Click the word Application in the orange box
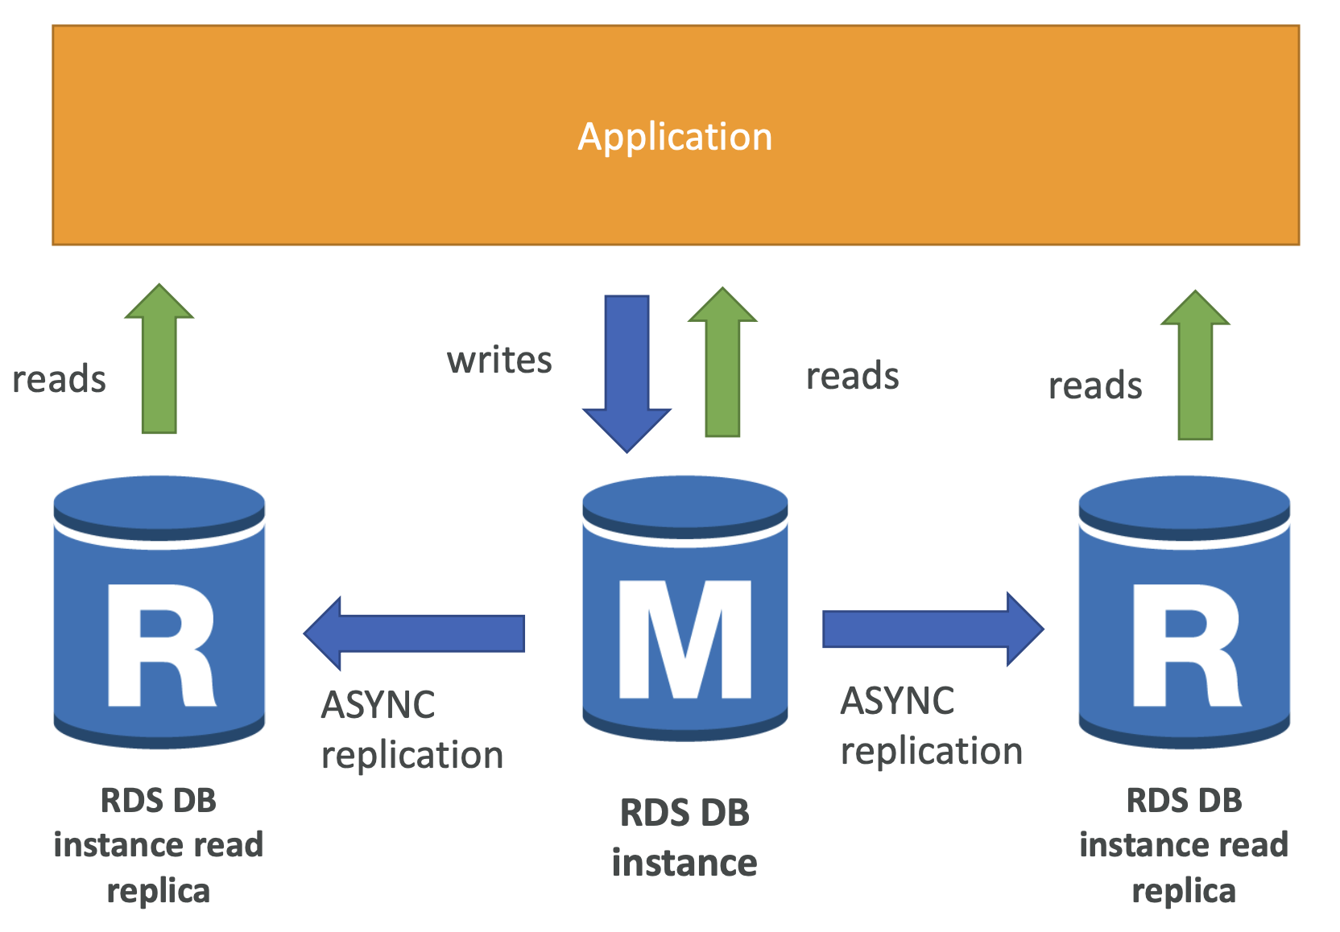click(675, 138)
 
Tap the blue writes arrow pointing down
click(627, 373)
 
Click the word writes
click(499, 361)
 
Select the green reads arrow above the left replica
click(159, 358)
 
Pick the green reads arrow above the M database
click(722, 361)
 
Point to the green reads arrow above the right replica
click(1195, 365)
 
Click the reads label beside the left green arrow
click(60, 379)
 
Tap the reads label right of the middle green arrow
click(853, 375)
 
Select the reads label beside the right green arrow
click(1095, 385)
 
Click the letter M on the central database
click(685, 639)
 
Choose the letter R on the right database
click(1187, 645)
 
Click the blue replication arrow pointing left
click(414, 633)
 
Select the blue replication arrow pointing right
click(933, 629)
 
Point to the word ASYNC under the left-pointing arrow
click(378, 704)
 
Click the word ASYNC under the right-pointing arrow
click(897, 700)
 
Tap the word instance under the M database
click(684, 863)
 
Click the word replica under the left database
click(159, 892)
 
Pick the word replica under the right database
click(1184, 892)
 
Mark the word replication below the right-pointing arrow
click(932, 752)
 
